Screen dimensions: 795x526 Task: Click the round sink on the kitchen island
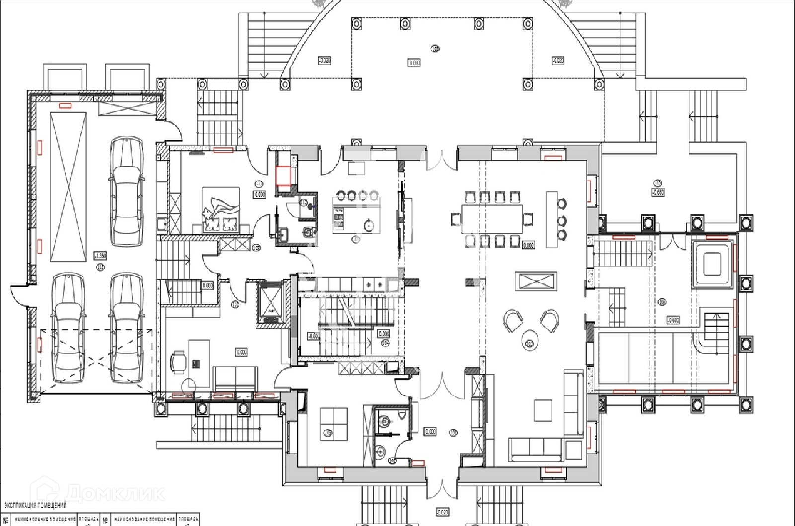coord(369,225)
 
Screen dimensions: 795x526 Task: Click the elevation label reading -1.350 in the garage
coord(100,256)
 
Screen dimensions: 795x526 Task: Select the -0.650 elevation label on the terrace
coord(658,192)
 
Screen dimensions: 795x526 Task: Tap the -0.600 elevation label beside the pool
coord(673,321)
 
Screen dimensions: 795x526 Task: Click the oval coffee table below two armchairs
coord(531,340)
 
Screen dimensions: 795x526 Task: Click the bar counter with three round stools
coord(552,219)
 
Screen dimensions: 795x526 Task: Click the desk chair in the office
coord(179,361)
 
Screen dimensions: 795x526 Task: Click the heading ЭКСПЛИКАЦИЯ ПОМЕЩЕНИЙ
coord(35,506)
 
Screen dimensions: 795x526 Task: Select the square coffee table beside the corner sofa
coord(543,410)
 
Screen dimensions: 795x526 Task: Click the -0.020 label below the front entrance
coord(442,512)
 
